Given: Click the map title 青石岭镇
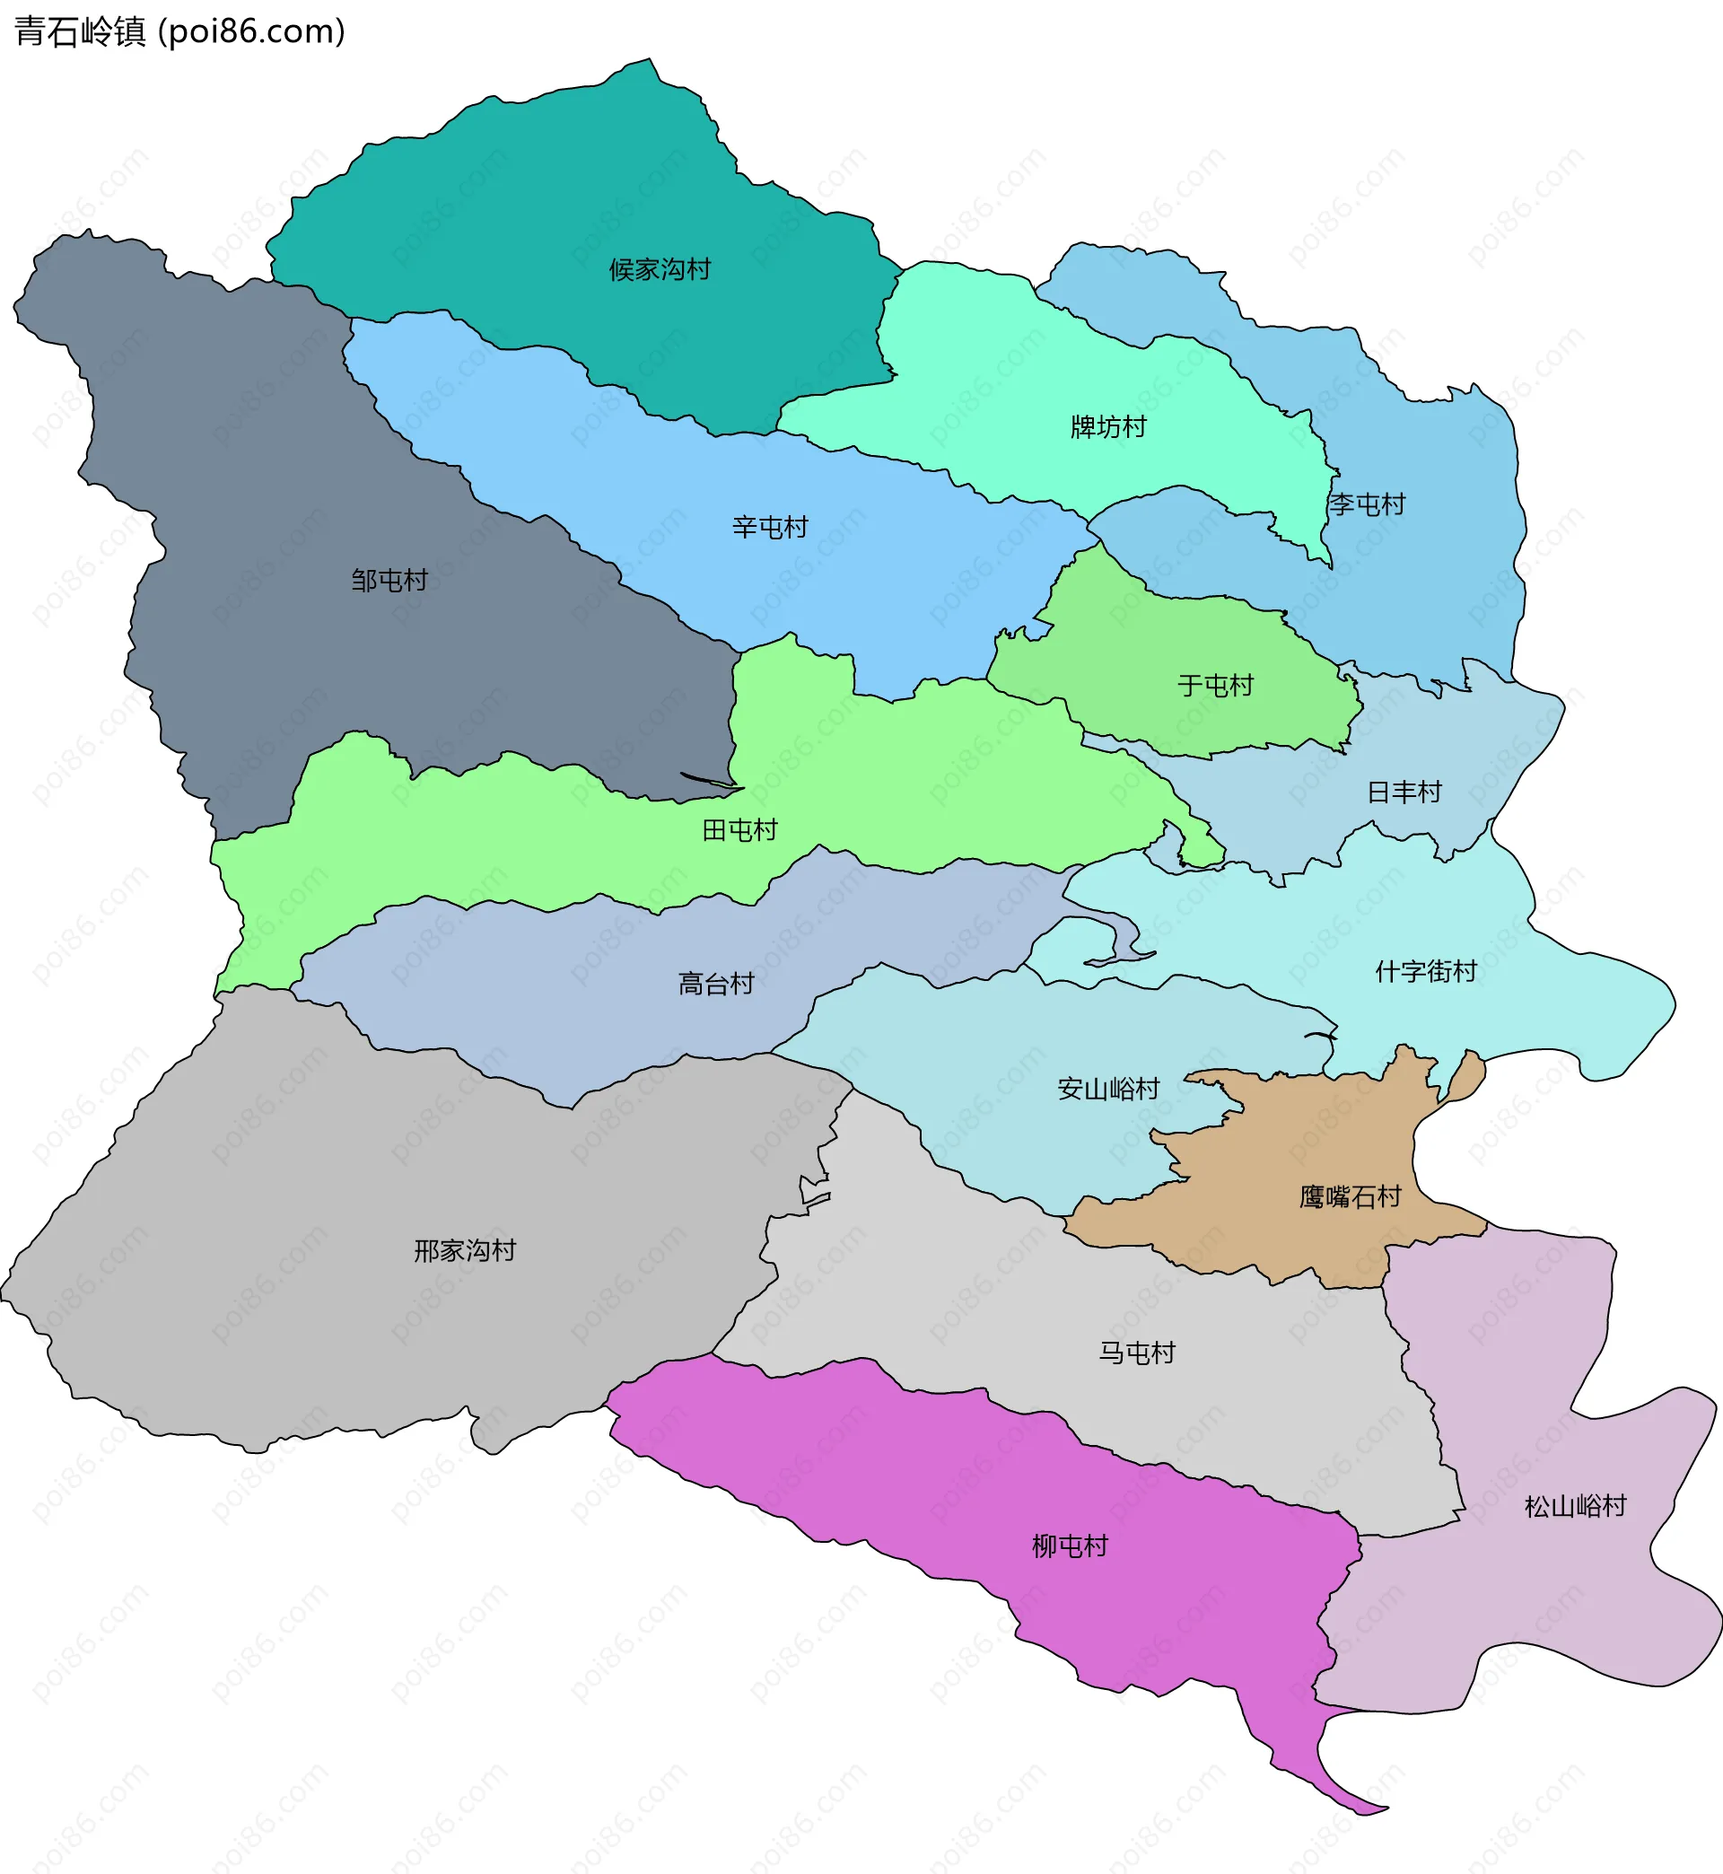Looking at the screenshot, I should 80,31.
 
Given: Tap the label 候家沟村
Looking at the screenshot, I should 660,270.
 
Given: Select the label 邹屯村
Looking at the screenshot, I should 389,581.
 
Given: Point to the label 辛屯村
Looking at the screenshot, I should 769,528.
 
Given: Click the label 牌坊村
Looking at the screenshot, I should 1107,427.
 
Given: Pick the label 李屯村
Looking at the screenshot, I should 1367,505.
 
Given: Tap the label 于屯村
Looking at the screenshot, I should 1215,687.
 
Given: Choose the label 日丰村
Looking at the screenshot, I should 1404,793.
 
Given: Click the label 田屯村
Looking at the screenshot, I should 739,830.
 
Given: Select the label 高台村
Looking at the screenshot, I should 715,984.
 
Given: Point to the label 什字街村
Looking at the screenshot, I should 1426,971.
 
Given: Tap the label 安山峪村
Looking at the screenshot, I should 1107,1089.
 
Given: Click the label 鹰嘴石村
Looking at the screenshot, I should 1350,1197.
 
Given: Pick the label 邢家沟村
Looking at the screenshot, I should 464,1251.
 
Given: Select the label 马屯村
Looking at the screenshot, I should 1136,1353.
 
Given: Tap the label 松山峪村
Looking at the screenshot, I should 1575,1507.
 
